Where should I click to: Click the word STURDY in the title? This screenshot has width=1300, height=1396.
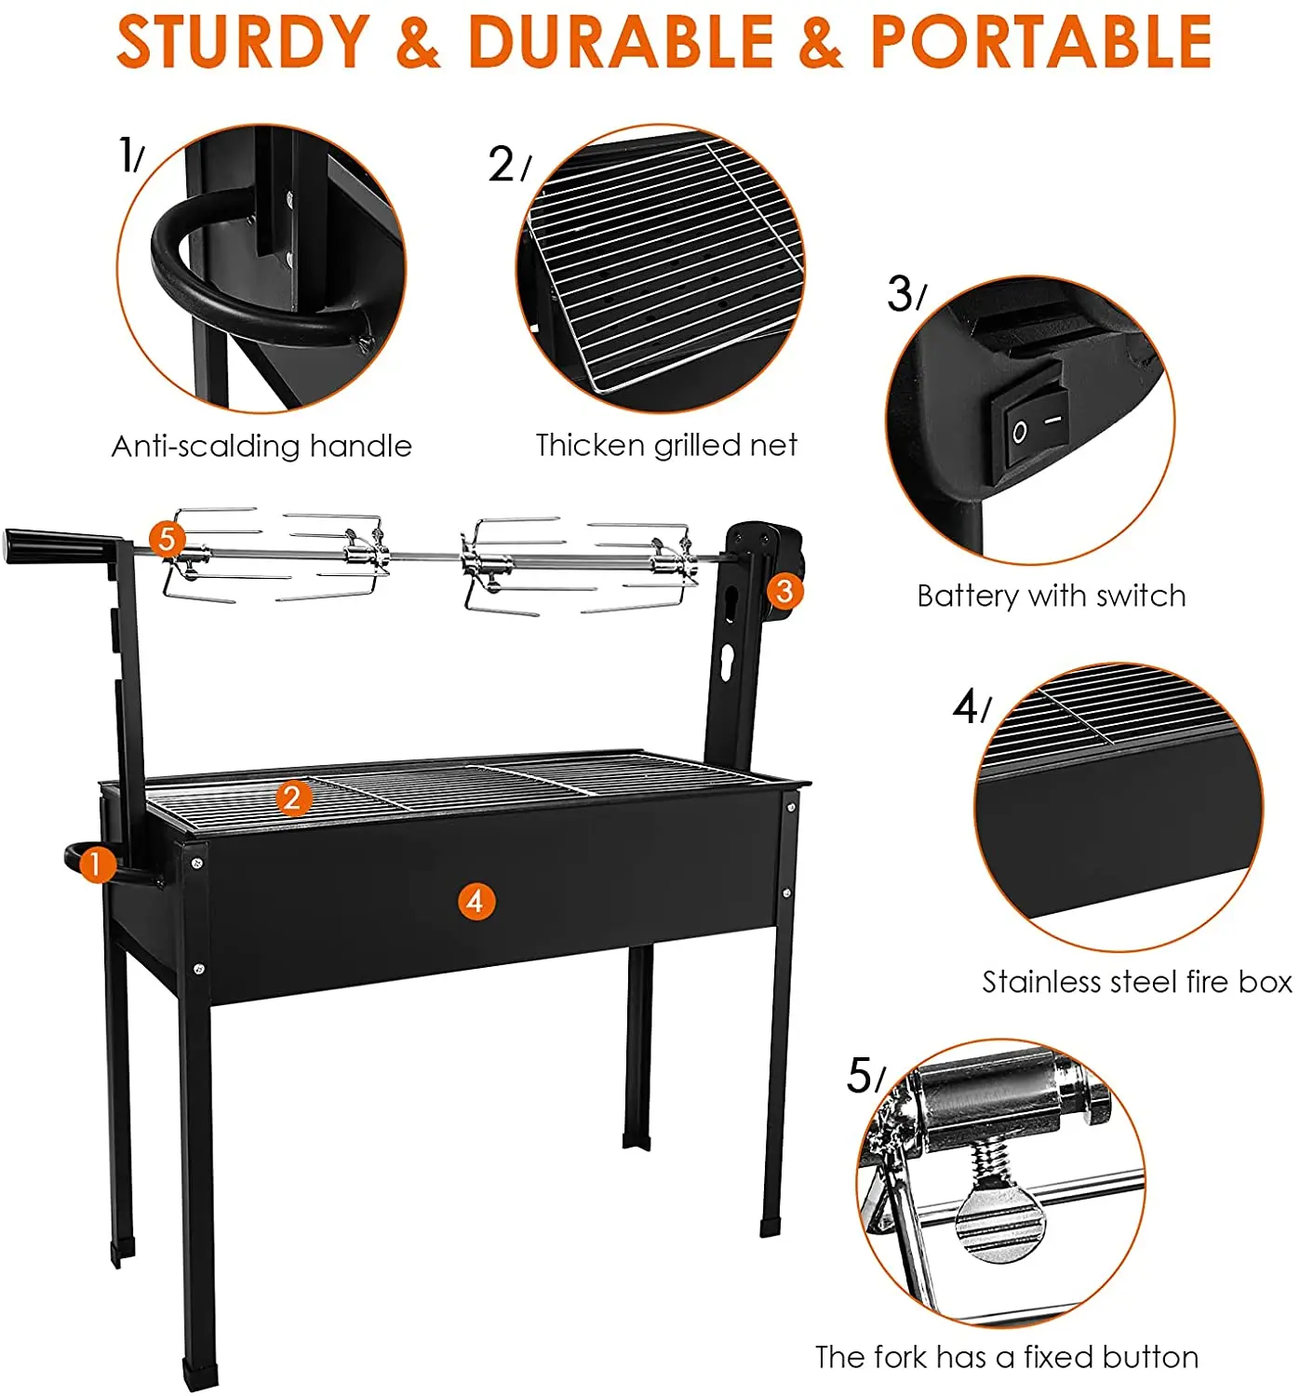point(243,41)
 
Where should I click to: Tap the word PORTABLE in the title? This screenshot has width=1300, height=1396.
point(1040,41)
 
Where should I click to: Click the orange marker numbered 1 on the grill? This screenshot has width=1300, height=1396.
point(95,866)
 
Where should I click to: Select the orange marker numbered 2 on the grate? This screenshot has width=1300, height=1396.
point(293,798)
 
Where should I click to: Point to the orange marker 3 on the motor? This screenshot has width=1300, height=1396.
point(784,590)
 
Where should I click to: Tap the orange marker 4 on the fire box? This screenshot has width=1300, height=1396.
point(476,901)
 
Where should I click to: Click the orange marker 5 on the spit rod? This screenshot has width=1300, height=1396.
point(167,539)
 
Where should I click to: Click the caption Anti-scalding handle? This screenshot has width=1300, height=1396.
point(261,446)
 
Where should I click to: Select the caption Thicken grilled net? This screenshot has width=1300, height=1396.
point(666,445)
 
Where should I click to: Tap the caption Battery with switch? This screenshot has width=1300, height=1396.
point(1052,596)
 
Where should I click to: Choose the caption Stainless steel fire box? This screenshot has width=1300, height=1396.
point(1137,982)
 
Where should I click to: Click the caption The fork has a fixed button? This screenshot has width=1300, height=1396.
point(1007,1357)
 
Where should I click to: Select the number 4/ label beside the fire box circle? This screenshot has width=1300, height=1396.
point(971,708)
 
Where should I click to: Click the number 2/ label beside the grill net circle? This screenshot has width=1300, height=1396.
point(508,166)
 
